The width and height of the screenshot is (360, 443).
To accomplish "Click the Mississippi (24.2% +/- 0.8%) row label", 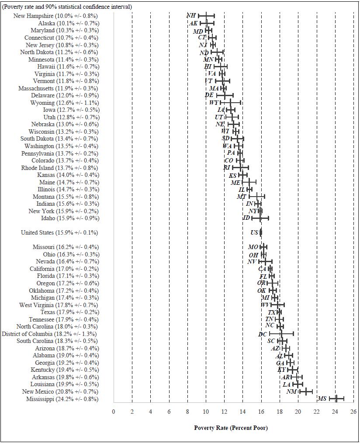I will (62, 399).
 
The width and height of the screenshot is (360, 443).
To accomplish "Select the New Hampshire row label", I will (55, 16).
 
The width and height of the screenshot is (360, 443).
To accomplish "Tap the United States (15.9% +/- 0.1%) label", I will (59, 232).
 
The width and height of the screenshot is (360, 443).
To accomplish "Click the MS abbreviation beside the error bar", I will (322, 398).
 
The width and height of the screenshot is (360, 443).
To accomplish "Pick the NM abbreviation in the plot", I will (291, 391).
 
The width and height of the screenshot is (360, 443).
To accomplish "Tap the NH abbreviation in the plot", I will (191, 15).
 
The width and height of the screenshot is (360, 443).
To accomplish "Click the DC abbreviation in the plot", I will (263, 334).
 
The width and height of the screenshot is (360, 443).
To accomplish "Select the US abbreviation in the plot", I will (254, 232).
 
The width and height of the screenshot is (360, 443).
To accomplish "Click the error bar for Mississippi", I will (337, 398).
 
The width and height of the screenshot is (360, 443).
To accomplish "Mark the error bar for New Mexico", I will (306, 391).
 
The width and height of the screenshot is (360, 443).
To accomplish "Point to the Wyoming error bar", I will (230, 103).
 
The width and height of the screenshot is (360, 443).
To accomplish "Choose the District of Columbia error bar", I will (282, 334).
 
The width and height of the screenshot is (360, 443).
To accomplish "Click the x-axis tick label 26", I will (353, 411).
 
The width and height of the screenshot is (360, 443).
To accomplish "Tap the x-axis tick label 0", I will (114, 411).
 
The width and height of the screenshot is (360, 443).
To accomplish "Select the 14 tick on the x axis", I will (243, 411).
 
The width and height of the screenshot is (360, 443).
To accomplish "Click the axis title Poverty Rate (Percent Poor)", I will (231, 428).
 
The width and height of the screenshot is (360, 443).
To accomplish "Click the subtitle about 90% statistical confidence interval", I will (67, 7).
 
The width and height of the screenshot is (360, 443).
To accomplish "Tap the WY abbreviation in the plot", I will (214, 103).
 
